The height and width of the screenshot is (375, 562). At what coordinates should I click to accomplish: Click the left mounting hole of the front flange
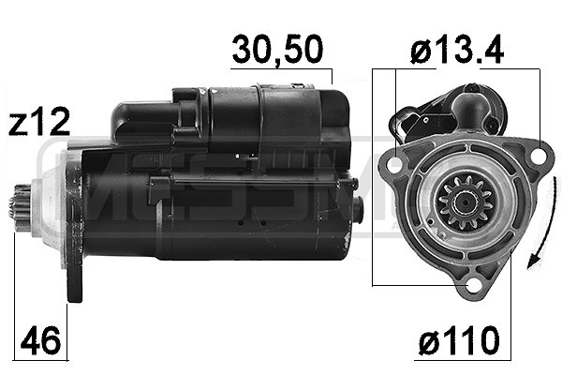393,166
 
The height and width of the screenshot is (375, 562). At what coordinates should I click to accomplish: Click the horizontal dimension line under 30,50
282,69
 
